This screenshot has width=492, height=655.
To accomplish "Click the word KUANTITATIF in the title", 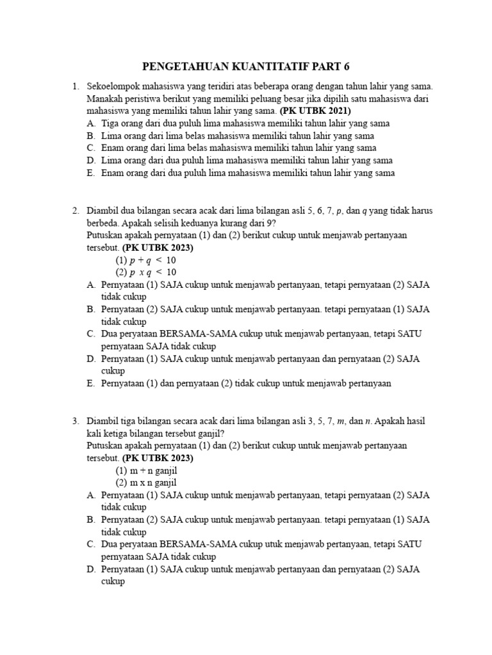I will point(259,67).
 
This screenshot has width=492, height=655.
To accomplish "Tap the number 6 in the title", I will point(348,67).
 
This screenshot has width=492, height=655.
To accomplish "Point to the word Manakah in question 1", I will point(103,99).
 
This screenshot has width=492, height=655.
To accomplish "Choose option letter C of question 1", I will point(90,148).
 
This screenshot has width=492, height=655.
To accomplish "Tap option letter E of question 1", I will point(90,173).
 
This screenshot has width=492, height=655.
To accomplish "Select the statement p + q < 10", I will point(145,260).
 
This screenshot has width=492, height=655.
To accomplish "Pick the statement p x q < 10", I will point(145,272).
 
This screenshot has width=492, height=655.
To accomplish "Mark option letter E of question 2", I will point(90,384).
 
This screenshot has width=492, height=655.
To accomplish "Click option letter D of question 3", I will point(90,570).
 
